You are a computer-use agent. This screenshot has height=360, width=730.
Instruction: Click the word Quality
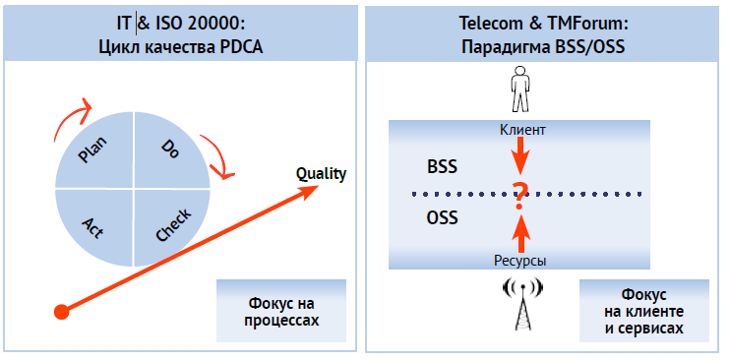coord(321,175)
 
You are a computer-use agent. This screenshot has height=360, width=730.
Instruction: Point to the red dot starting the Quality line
coord(61,311)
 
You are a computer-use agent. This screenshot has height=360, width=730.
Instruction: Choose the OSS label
coord(442,218)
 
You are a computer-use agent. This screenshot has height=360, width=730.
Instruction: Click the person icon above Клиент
coord(520,92)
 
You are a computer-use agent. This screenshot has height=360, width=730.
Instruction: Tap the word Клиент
coord(522,129)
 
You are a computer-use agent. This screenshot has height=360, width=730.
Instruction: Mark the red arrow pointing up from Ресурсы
coord(521,232)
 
